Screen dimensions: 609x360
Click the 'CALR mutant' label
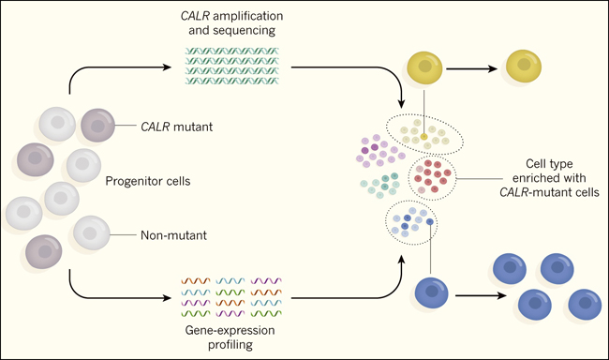point(177,127)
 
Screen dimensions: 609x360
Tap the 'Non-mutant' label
point(173,235)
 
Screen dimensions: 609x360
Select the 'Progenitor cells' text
point(148,181)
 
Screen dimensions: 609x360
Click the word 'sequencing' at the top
point(232,30)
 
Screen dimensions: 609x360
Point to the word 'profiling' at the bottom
point(230,344)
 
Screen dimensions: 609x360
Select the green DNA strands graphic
point(231,66)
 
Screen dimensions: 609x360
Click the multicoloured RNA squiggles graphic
point(231,297)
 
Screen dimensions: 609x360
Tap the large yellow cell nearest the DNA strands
point(424,68)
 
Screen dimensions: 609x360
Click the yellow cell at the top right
point(524,66)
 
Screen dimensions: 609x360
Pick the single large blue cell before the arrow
point(432,292)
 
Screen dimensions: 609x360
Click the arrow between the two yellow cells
point(471,68)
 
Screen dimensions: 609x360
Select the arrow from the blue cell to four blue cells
point(481,295)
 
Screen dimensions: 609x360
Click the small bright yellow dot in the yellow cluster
point(424,137)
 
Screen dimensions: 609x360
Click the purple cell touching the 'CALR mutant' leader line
point(97,126)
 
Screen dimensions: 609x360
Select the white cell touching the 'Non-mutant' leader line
point(92,232)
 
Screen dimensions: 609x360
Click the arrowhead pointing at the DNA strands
point(167,67)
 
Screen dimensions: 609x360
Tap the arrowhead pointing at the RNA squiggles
point(167,298)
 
